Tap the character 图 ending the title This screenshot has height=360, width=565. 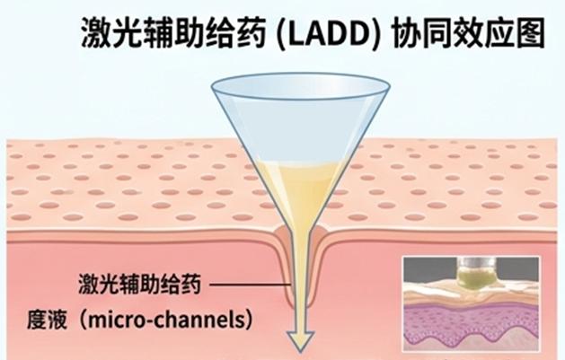[x=530, y=34]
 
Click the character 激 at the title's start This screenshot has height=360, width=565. [x=95, y=34]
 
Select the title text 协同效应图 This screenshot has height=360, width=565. [x=468, y=34]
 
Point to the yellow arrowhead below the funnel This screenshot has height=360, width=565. [x=300, y=339]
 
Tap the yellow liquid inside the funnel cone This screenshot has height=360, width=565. [x=300, y=188]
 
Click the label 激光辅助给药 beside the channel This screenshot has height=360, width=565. [x=139, y=284]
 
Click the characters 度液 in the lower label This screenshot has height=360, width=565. [x=47, y=320]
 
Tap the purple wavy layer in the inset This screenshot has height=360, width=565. [x=472, y=322]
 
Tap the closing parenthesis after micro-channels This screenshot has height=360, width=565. [x=248, y=320]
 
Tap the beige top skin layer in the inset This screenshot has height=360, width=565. [x=472, y=294]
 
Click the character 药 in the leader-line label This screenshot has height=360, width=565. [x=190, y=284]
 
